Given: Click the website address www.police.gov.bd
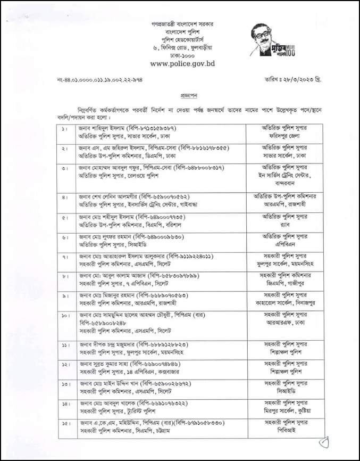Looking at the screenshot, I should [182, 63].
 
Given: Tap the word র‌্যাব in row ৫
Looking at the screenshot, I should [279, 224].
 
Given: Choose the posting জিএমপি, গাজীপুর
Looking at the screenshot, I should [279, 284].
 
